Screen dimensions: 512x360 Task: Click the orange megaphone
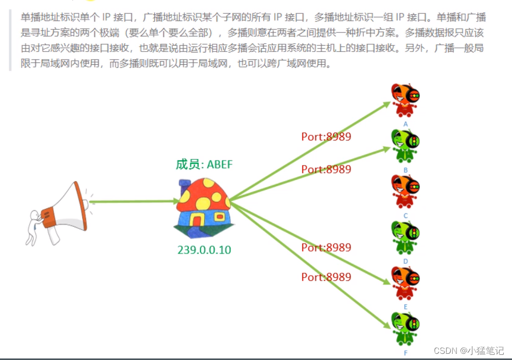[64, 208]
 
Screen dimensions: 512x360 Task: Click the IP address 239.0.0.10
[204, 250]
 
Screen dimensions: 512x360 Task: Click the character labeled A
[405, 100]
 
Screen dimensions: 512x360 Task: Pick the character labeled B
[405, 146]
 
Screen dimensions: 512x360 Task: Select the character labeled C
[405, 191]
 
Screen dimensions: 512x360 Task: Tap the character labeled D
[405, 237]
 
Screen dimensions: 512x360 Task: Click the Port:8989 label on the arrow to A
[326, 137]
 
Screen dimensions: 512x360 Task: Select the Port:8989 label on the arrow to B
[326, 169]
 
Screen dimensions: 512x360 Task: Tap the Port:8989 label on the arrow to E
[326, 247]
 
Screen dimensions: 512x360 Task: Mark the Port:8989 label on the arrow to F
[326, 277]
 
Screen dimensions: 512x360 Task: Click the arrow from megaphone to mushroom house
[134, 201]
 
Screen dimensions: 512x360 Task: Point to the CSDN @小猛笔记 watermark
[469, 351]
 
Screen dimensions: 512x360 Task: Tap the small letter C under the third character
[405, 215]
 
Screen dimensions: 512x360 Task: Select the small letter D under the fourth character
[405, 261]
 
